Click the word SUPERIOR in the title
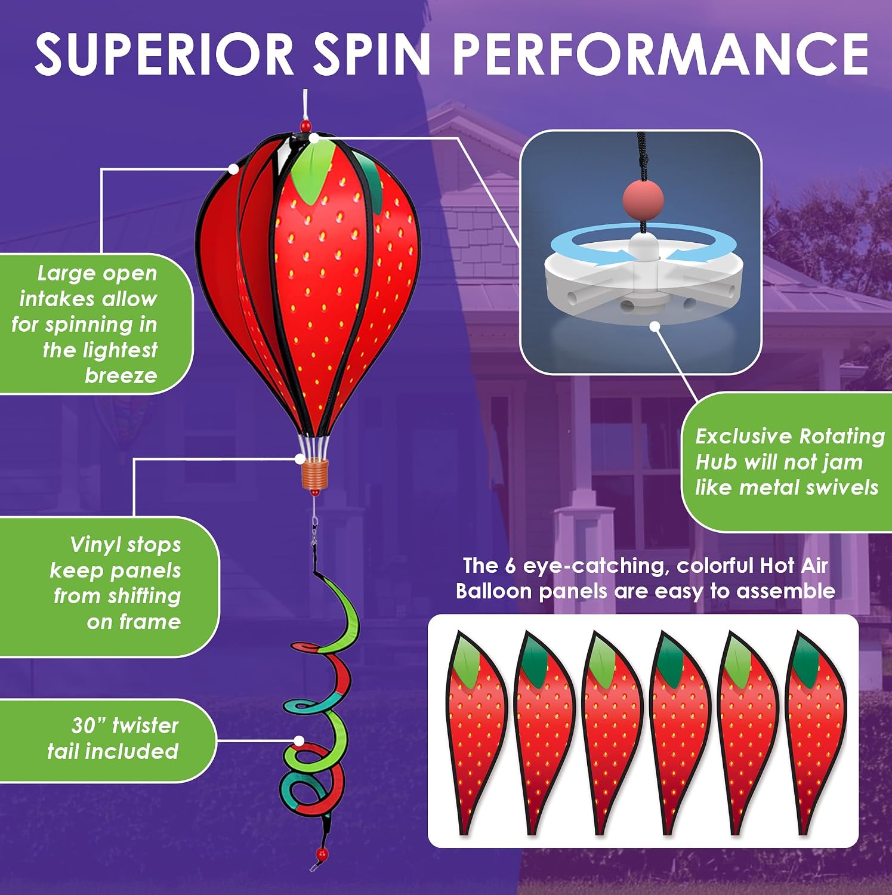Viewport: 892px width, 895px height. [164, 54]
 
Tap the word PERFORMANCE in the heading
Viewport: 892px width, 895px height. [660, 54]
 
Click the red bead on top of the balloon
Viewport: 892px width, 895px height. [305, 126]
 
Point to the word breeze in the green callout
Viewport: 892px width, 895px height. [121, 375]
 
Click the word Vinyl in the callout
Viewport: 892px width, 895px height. [95, 545]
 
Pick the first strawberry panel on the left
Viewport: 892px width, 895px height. [476, 733]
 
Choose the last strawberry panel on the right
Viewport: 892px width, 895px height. [815, 733]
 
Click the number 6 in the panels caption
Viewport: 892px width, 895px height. [510, 566]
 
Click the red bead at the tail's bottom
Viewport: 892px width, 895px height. [322, 854]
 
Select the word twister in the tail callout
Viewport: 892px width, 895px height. [145, 725]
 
